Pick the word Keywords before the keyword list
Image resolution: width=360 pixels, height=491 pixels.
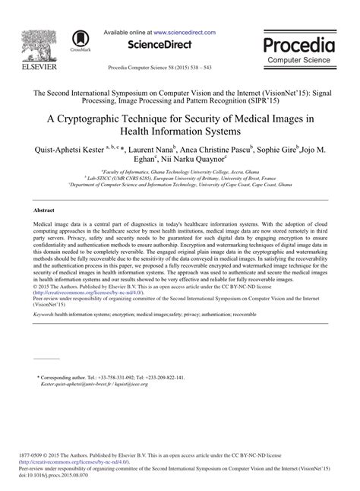point(45,313)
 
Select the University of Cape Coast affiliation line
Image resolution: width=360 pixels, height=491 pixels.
point(180,184)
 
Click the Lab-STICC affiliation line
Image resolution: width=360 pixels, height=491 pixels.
point(180,178)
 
